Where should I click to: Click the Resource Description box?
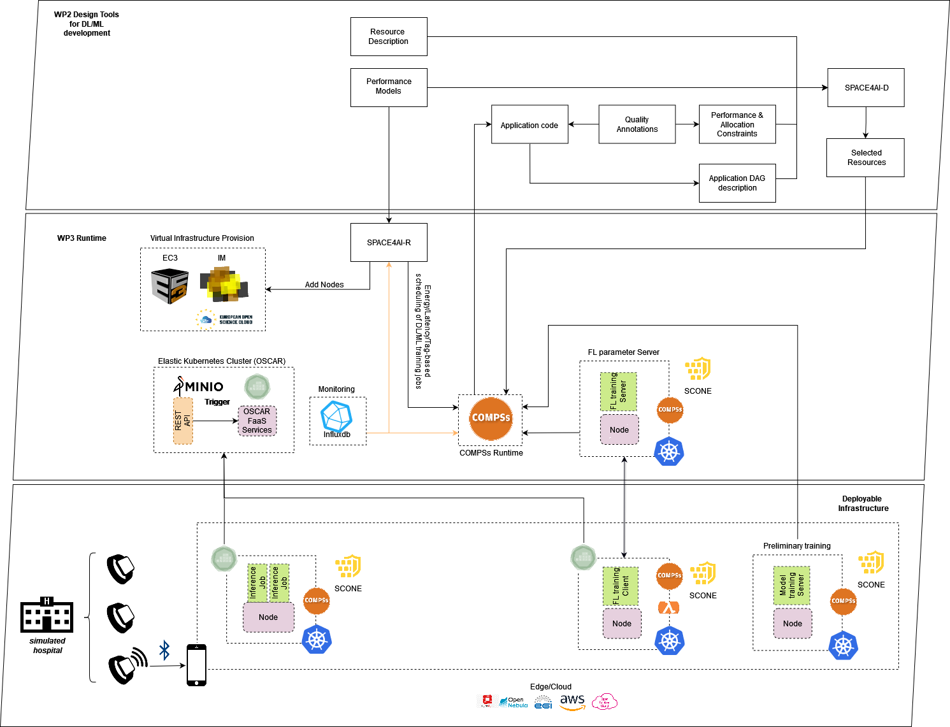(x=389, y=37)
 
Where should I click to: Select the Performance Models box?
(x=389, y=87)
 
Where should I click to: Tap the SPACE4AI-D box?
(x=866, y=88)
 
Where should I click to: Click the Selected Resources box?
(x=866, y=157)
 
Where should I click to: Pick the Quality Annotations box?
(x=637, y=124)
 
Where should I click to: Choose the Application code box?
(x=529, y=125)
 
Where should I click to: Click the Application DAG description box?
(x=737, y=184)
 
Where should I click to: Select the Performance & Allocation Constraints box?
(x=737, y=124)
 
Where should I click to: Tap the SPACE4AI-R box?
(x=389, y=242)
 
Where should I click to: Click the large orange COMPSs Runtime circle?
(x=491, y=418)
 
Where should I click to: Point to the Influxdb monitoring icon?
(x=336, y=417)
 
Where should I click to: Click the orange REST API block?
(x=183, y=421)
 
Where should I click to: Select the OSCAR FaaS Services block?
(x=257, y=421)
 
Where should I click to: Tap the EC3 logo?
(x=169, y=286)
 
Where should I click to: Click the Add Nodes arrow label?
(x=324, y=285)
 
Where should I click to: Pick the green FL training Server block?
(x=618, y=391)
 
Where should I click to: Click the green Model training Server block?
(x=791, y=586)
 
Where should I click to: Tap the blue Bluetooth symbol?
(x=164, y=651)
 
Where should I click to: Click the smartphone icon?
(x=196, y=665)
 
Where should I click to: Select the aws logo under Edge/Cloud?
(x=572, y=702)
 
